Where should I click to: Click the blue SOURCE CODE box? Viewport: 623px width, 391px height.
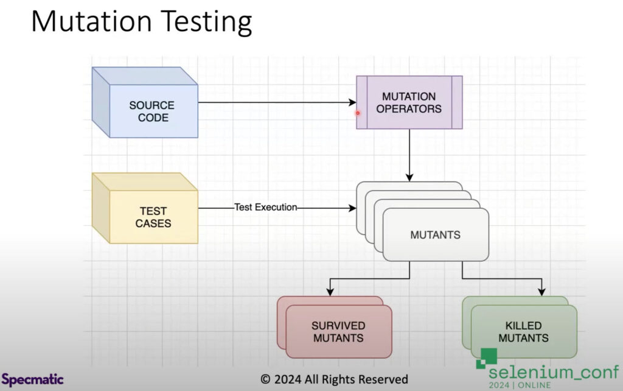pos(152,111)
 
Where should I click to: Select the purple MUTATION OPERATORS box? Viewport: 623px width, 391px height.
pos(409,102)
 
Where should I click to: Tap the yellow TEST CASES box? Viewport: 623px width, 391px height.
pos(153,217)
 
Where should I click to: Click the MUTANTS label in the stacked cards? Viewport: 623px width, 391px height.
pos(435,234)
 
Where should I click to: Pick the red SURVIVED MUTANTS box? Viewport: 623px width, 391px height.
pos(338,331)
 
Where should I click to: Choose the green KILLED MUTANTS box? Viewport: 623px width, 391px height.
pos(523,331)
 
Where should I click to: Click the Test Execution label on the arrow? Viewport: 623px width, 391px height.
pos(266,207)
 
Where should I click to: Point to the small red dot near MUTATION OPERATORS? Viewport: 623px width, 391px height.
pos(358,112)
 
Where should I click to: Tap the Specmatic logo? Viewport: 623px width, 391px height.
pos(32,379)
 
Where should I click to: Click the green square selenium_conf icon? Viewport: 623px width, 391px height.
pos(486,357)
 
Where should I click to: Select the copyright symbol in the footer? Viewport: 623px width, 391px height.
pos(265,379)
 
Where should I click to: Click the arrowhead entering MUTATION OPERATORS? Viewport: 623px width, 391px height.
pos(352,102)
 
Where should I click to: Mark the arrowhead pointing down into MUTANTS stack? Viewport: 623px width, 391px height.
pos(409,177)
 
